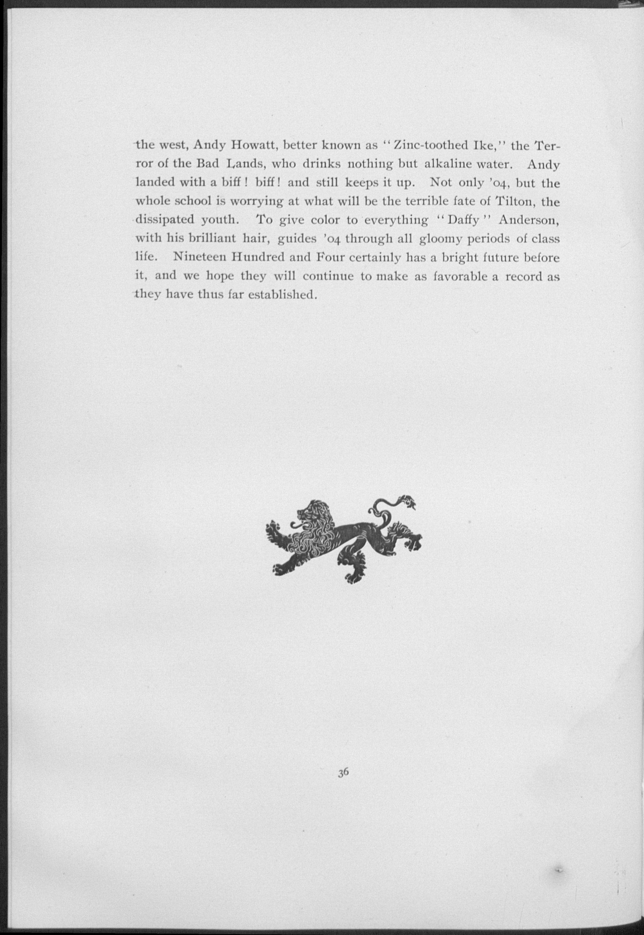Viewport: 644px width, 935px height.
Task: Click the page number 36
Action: coord(343,772)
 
